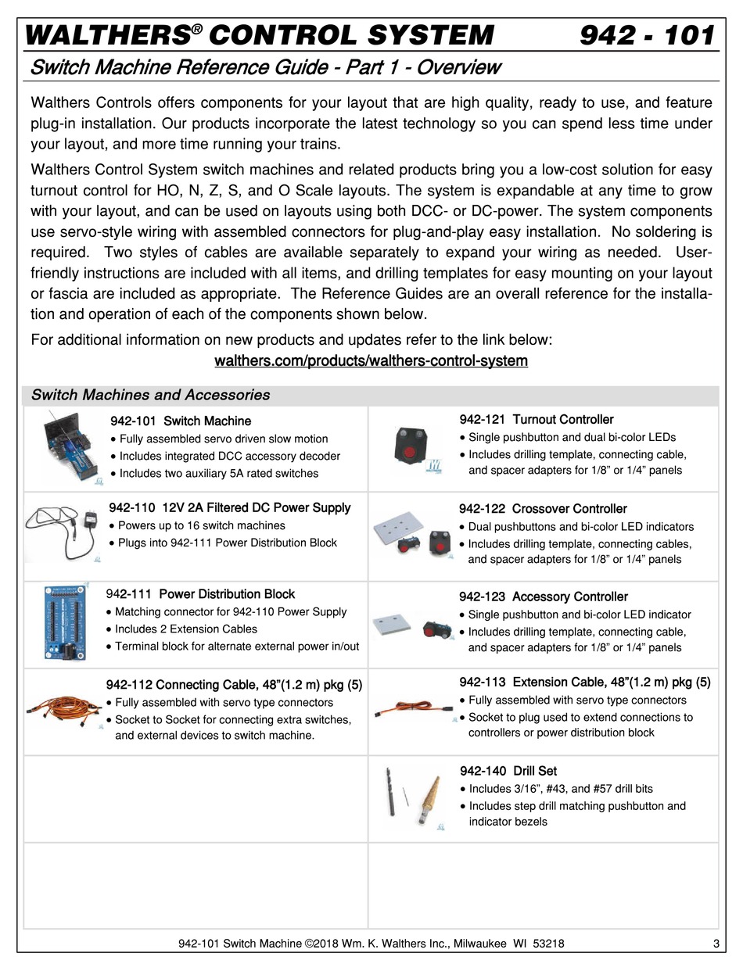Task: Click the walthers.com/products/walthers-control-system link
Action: (x=371, y=361)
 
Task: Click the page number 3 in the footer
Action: (x=716, y=944)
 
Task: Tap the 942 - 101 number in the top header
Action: (x=648, y=36)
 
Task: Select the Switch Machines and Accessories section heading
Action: (x=150, y=395)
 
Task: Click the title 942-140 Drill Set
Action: (x=508, y=771)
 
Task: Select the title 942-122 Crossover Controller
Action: (x=543, y=509)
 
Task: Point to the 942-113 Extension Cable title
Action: (x=585, y=682)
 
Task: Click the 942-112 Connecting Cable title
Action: (x=234, y=686)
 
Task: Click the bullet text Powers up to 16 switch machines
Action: (x=202, y=525)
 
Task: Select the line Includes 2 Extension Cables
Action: (x=185, y=629)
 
